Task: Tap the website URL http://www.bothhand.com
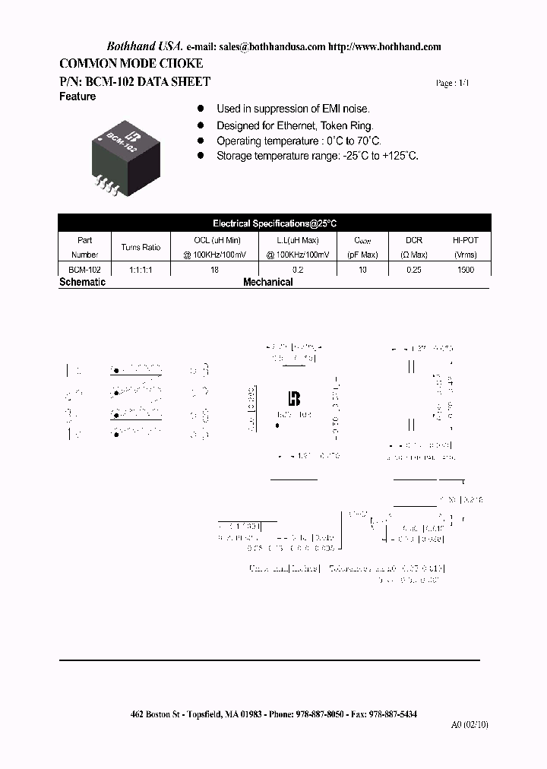pyautogui.click(x=385, y=46)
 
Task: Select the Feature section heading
pyautogui.click(x=77, y=97)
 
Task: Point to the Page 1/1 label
pyautogui.click(x=453, y=84)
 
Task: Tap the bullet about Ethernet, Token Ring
pyautogui.click(x=295, y=126)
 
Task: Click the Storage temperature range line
pyautogui.click(x=318, y=156)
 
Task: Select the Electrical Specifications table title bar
pyautogui.click(x=274, y=223)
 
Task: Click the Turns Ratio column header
pyautogui.click(x=141, y=247)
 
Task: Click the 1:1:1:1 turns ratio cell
pyautogui.click(x=141, y=270)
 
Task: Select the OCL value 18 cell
pyautogui.click(x=215, y=270)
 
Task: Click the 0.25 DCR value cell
pyautogui.click(x=413, y=270)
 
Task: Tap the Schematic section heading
pyautogui.click(x=82, y=282)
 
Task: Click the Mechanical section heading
pyautogui.click(x=267, y=282)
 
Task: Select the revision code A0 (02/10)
pyautogui.click(x=470, y=724)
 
